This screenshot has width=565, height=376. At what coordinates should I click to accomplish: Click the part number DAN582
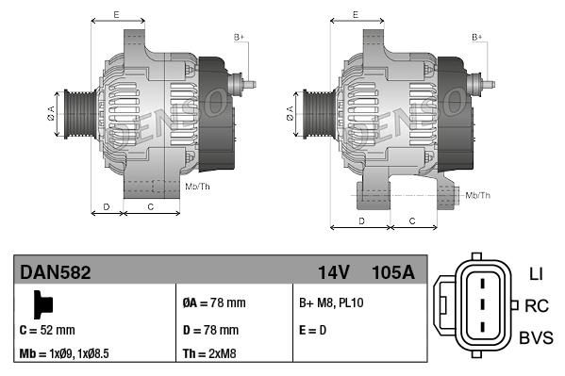[x=56, y=273]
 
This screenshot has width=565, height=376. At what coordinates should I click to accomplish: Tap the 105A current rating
[x=394, y=273]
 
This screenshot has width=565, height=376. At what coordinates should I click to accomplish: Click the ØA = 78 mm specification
[x=213, y=303]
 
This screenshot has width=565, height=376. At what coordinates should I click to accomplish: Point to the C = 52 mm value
[x=46, y=331]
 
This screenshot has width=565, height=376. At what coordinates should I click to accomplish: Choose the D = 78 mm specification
[x=210, y=331]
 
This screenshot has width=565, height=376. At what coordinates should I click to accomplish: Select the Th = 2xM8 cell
[x=210, y=355]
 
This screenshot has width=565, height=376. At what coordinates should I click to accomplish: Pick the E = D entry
[x=312, y=331]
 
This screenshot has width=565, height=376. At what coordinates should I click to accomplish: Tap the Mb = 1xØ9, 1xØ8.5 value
[x=64, y=355]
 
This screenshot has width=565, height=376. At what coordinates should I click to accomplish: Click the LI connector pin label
[x=536, y=274]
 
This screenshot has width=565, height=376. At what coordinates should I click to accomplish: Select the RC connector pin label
[x=537, y=305]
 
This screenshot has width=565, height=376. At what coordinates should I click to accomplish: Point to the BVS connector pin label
[x=536, y=337]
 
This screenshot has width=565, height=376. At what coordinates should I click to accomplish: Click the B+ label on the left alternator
[x=239, y=37]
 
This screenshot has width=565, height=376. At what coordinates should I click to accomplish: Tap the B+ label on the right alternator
[x=477, y=37]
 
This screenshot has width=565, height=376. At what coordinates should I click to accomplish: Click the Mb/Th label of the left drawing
[x=198, y=187]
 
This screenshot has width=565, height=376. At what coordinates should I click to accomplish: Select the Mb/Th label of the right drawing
[x=478, y=195]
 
